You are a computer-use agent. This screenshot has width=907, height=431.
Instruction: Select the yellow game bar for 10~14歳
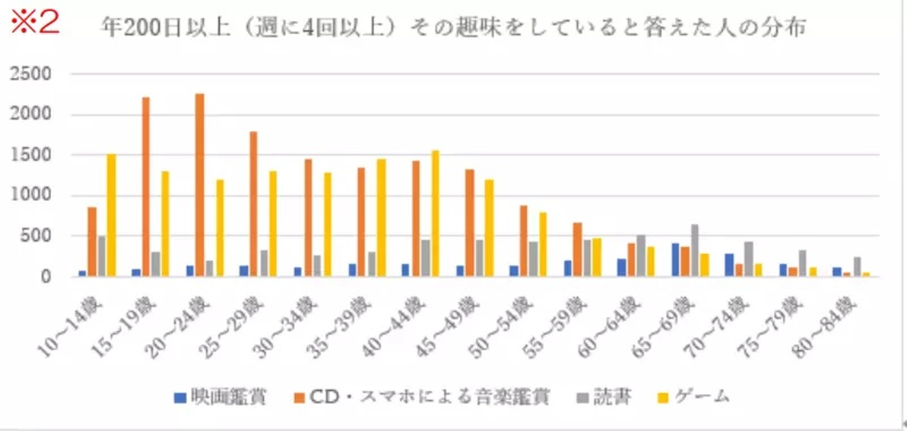(x=111, y=215)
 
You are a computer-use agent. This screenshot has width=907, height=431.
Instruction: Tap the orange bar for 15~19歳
(x=145, y=187)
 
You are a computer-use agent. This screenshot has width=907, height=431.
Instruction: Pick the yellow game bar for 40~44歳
(x=435, y=214)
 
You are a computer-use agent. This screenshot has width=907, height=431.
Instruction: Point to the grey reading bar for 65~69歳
(x=694, y=250)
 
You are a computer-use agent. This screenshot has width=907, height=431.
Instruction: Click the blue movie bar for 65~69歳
(x=675, y=260)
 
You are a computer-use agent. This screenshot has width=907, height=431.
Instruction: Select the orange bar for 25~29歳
(x=253, y=204)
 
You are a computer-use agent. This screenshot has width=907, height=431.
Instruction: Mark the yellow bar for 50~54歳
(x=542, y=244)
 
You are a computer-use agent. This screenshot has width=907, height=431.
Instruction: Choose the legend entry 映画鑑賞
(x=220, y=397)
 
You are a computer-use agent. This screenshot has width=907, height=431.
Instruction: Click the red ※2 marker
(x=35, y=22)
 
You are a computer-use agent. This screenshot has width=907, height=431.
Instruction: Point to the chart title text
(x=453, y=28)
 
